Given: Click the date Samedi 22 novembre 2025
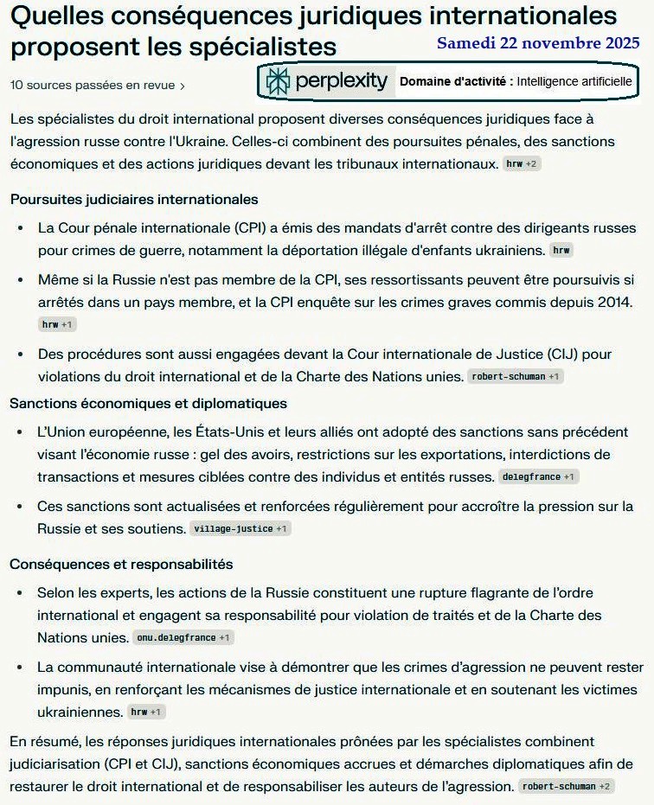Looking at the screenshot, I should coord(538,43).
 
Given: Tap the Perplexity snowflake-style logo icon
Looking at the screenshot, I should coord(279,81).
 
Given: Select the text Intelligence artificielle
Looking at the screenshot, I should coord(575,81).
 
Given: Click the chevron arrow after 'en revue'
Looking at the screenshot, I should coord(182,86).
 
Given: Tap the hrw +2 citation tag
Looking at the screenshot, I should coord(521,163).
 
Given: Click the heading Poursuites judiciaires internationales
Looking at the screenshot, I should coord(134,200).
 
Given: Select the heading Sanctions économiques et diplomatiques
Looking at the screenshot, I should coord(148,404).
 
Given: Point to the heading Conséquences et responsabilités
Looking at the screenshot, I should coord(121,564).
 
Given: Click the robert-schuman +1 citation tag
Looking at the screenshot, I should coord(515,376).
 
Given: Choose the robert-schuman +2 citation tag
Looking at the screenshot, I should coord(566,786).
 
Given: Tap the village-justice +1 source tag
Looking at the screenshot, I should coord(240,528).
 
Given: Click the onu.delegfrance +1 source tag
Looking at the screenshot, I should coord(183,637).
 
